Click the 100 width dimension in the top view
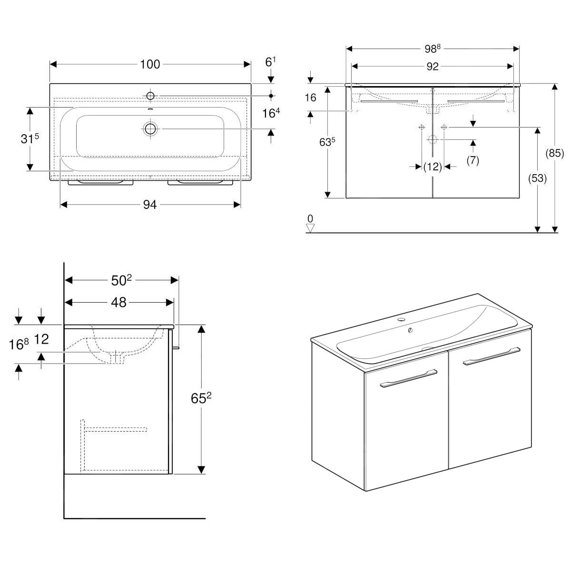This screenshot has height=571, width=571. pos(150,64)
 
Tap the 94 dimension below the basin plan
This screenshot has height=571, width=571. pos(150,205)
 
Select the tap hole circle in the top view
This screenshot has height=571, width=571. pos(150,96)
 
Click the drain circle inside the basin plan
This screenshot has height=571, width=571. pos(150,128)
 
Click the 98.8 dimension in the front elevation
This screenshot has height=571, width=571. pos(432,49)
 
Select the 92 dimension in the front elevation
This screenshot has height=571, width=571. pos(432,67)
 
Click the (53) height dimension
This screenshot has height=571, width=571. pos(538,178)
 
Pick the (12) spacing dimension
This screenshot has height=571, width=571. pos(433,167)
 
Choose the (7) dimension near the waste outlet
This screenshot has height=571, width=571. pos(473,160)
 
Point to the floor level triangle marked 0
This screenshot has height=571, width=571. pos(310,227)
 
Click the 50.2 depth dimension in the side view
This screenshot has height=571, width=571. pos(121,281)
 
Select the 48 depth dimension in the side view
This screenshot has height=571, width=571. pos(119,302)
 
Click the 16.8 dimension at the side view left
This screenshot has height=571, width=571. pos(19,344)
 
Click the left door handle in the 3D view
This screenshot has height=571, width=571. pos(408,379)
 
